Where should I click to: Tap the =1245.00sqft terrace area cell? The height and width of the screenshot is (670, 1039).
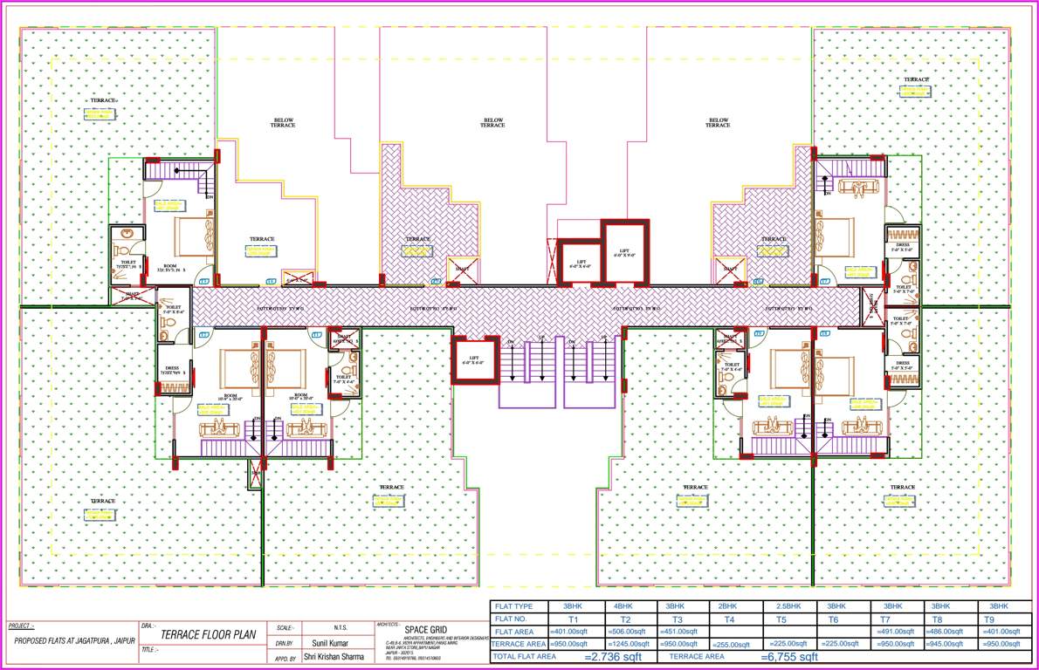pos(626,644)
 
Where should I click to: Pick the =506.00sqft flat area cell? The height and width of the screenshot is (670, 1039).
pos(626,632)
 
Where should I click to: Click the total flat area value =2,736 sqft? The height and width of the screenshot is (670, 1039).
pos(612,657)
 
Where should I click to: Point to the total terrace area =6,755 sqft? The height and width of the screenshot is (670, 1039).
pos(788,657)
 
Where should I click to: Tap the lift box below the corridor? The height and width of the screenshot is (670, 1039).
pos(473,361)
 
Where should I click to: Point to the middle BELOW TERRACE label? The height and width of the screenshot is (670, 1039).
pos(493,123)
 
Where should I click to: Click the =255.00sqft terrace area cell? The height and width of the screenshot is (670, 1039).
pos(729,644)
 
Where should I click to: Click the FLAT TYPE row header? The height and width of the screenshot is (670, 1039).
pos(516,605)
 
